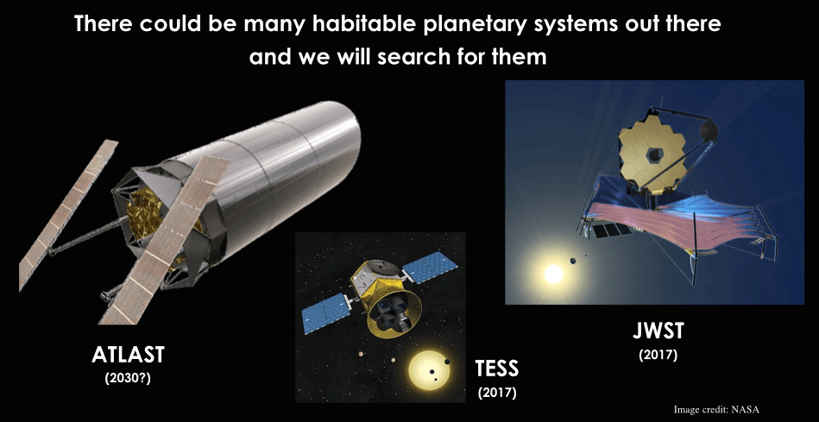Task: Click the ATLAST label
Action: point(128,356)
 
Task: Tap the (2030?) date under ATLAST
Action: point(128,378)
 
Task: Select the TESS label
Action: point(497,368)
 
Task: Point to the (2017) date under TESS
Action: point(497,393)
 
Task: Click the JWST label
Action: point(658,331)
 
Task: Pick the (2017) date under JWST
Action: point(658,356)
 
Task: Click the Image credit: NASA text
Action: point(716,409)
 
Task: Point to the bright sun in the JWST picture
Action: point(553,273)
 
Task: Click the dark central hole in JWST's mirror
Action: point(654,154)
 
